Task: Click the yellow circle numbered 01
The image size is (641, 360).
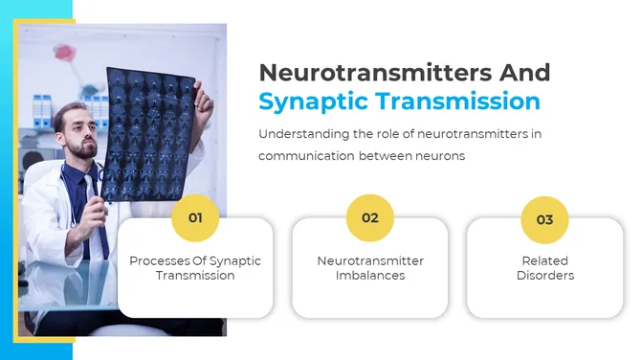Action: pos(195,218)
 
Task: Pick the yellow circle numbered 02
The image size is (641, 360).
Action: pos(370,218)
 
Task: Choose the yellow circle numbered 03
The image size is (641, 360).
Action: pos(544,219)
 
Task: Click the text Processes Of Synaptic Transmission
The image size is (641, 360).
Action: pos(195,268)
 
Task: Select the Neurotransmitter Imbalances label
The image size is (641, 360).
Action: pos(370,268)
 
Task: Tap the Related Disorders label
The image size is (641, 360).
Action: pos(544,268)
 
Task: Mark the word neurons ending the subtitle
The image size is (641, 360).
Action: pos(441,156)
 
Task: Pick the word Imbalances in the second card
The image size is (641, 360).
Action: pos(370,276)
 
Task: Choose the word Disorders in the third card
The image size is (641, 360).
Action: pos(544,276)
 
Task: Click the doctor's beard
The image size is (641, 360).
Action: pos(83,149)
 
